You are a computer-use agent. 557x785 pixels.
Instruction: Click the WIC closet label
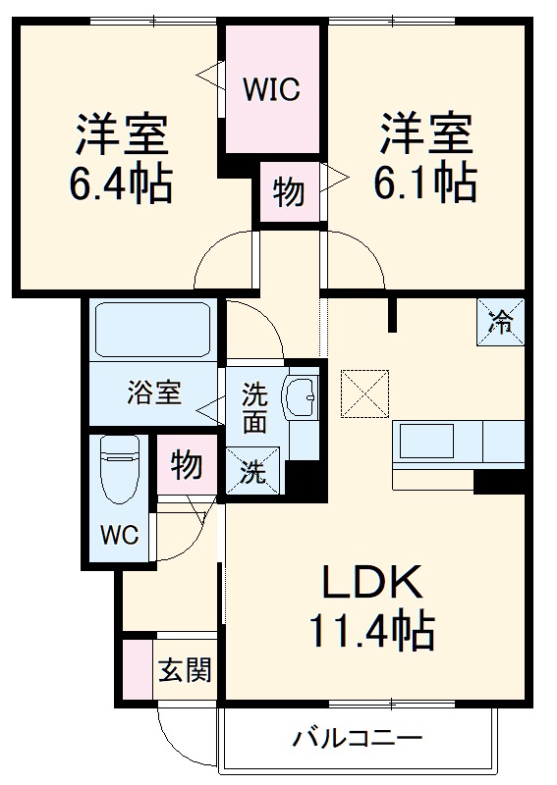pos(272,90)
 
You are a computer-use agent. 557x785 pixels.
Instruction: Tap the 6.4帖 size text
pos(121,183)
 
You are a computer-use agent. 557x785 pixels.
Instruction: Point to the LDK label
pos(373,584)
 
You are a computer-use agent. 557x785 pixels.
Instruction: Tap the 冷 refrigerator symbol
pos(501,320)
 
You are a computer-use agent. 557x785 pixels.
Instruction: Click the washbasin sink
pos(299,398)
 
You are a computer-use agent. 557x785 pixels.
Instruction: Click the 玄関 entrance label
pos(185,672)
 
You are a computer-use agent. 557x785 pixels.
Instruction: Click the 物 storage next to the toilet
pos(186,464)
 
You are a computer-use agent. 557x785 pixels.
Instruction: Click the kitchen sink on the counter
pos(424,442)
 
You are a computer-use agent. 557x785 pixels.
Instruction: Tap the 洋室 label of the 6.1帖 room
pos(424,134)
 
